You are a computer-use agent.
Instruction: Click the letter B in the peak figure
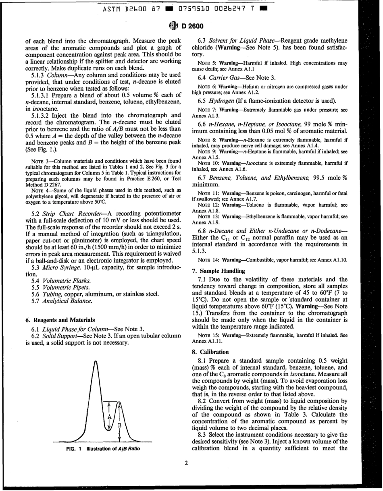(120, 424)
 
